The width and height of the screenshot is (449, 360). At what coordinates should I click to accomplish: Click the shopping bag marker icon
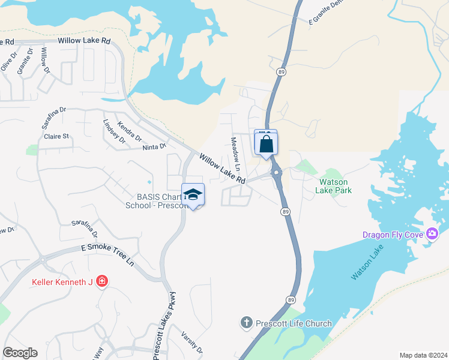click(266, 145)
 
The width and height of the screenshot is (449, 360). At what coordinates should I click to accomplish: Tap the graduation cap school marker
click(193, 195)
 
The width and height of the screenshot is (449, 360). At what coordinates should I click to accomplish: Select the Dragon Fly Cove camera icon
click(432, 234)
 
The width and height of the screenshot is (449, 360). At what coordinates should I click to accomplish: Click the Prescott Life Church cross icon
click(246, 323)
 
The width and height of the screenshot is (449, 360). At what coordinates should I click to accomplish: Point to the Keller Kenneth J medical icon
click(102, 281)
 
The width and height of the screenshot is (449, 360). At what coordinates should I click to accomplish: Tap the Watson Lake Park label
click(335, 186)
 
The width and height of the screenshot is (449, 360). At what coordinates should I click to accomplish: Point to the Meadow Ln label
click(236, 152)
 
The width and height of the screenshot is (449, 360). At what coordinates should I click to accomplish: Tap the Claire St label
click(56, 136)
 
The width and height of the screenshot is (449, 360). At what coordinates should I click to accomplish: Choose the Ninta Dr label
click(154, 146)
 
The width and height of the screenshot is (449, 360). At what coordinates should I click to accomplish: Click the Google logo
click(20, 353)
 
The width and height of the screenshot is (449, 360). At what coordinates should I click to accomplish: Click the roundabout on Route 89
click(277, 174)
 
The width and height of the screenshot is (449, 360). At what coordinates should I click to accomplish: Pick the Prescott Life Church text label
click(294, 323)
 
